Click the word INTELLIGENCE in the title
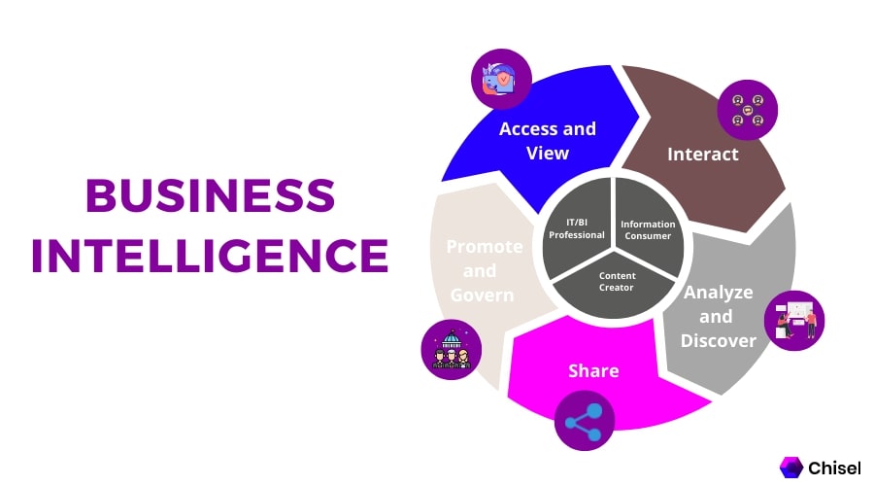[210, 256]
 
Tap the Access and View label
[548, 141]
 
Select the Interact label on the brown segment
[703, 154]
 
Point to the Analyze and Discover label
[719, 316]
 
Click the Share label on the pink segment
[593, 370]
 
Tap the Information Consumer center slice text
[648, 229]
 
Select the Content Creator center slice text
[617, 282]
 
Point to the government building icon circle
[452, 350]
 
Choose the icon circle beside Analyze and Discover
[794, 320]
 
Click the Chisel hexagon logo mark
[790, 468]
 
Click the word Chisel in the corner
[834, 468]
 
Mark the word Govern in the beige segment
[482, 295]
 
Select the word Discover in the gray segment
[719, 340]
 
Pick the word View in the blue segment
[548, 153]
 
